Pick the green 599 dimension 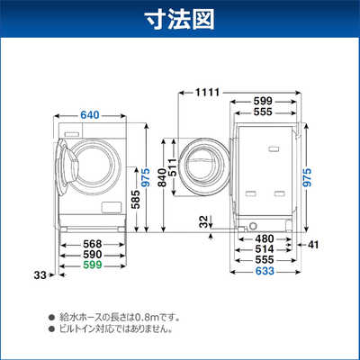point(79,265)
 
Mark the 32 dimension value point(206,220)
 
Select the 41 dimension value point(313,244)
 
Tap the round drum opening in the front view point(93,163)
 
